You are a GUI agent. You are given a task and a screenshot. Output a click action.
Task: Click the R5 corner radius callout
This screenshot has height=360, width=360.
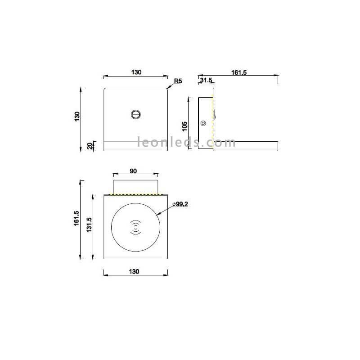click(178, 81)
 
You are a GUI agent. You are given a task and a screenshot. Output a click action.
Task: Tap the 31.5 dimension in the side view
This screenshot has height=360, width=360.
click(206, 80)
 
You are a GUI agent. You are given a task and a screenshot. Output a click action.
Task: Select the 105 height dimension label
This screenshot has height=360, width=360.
click(184, 126)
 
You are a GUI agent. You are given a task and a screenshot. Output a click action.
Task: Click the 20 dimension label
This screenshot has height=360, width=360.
click(90, 146)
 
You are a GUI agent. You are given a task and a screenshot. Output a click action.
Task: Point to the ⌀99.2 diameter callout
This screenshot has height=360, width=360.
click(180, 204)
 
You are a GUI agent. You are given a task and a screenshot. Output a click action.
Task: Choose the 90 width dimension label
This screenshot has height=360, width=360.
click(133, 171)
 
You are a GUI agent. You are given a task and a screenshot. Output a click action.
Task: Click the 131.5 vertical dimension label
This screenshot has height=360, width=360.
click(89, 225)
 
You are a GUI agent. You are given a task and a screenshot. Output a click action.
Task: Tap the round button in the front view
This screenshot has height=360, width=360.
click(136, 115)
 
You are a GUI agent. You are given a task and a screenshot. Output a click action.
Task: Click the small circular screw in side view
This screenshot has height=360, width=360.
click(203, 123)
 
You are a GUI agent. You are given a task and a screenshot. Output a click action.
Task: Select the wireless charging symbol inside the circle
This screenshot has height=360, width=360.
click(136, 227)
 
